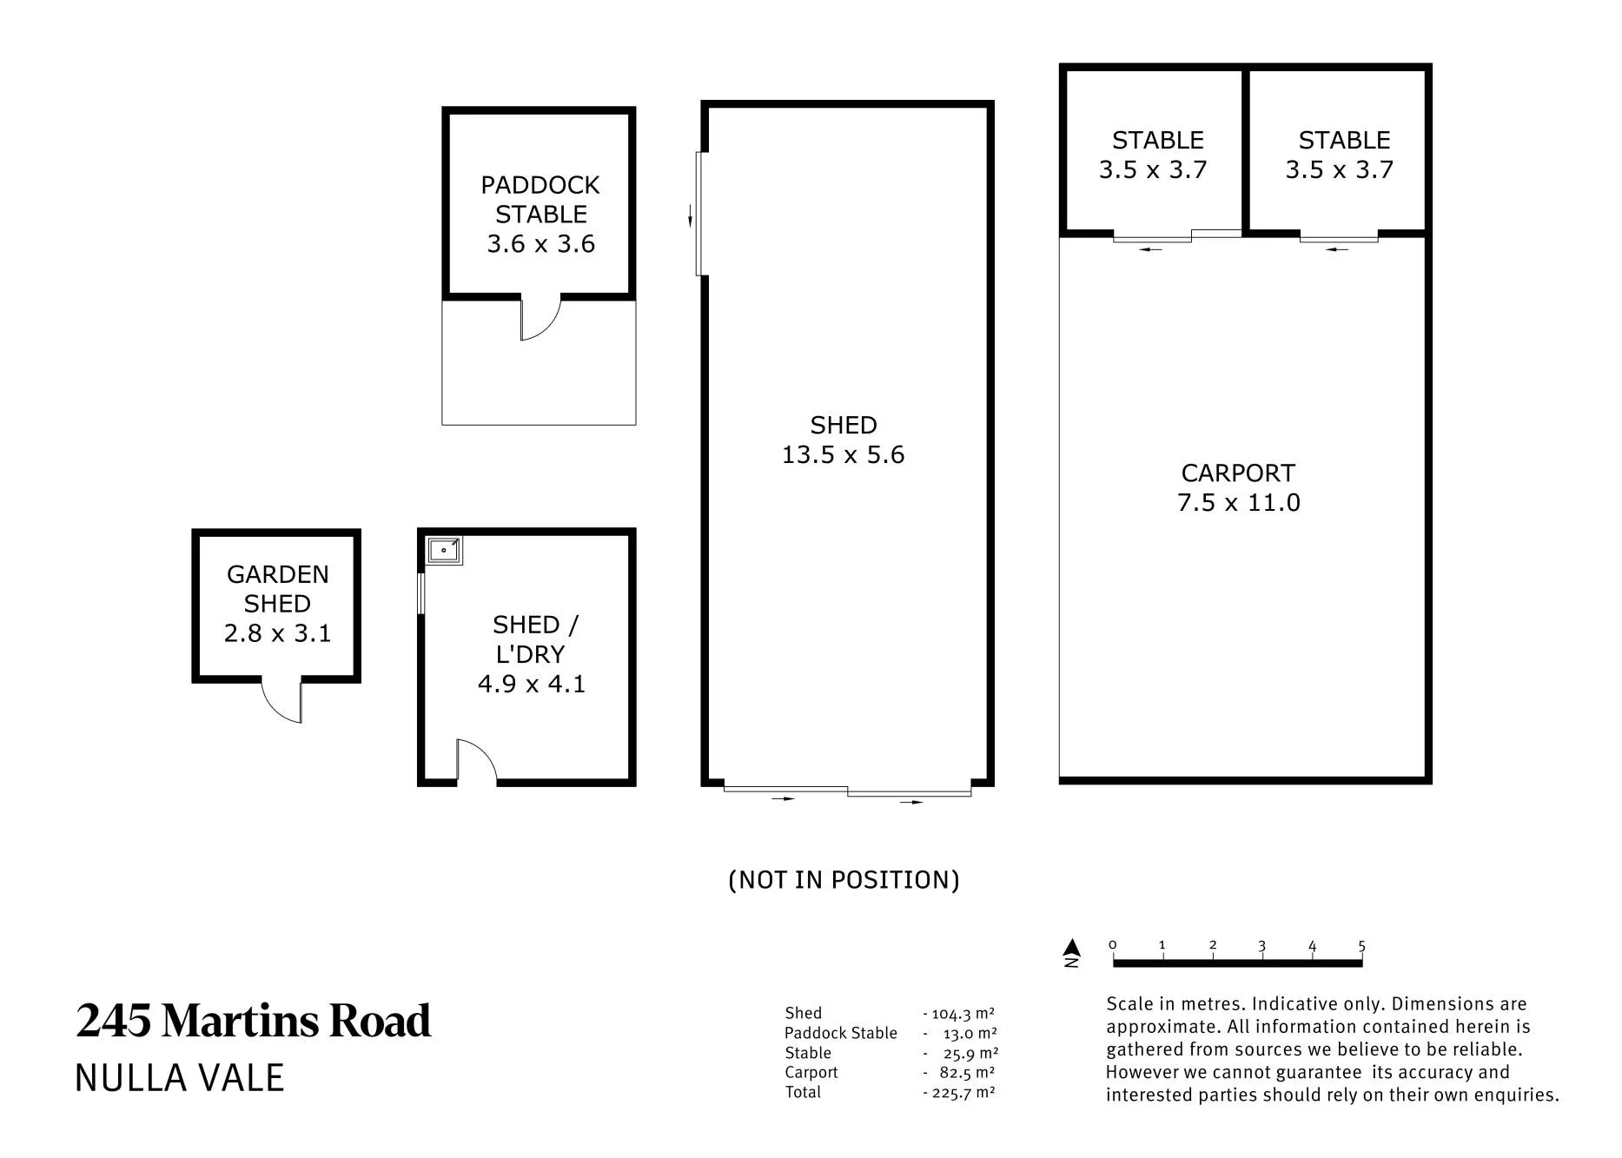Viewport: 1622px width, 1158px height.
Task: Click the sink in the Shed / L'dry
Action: (x=445, y=550)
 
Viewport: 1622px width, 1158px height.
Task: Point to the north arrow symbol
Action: (x=1072, y=952)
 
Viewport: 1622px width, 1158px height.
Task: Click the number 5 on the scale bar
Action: (x=1361, y=945)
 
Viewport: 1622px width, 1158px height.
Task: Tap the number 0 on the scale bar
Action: (x=1113, y=945)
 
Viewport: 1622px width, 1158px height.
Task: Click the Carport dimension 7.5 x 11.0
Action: (x=1238, y=502)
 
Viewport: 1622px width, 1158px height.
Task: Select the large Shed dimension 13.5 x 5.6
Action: (x=843, y=454)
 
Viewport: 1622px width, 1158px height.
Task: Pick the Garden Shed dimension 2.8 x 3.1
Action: (x=277, y=632)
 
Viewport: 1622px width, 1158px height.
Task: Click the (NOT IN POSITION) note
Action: (x=844, y=880)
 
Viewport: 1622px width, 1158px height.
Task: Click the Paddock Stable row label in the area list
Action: (x=840, y=1033)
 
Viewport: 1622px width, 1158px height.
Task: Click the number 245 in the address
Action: (x=114, y=1021)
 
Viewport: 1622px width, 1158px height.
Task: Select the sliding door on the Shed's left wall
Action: (x=699, y=214)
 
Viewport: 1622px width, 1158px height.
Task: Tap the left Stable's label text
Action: (x=1157, y=140)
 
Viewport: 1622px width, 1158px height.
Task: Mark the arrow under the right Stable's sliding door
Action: (x=1337, y=249)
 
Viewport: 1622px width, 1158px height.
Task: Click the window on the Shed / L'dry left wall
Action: (x=421, y=593)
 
